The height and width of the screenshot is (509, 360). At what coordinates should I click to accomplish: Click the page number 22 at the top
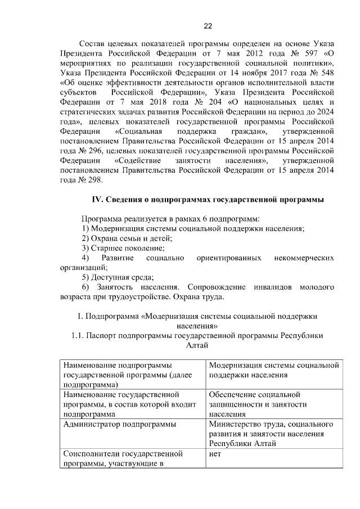[x=208, y=26]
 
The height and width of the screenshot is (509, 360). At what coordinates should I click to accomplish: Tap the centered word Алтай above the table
[x=197, y=345]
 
